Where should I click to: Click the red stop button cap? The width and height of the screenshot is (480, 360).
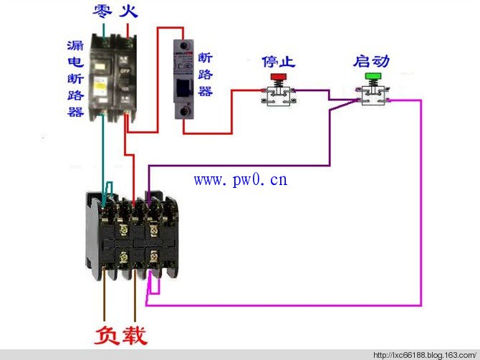click(278, 77)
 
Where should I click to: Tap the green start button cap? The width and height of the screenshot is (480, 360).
click(373, 76)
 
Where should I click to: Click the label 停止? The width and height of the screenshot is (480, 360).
click(278, 62)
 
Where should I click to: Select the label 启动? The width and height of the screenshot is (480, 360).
click(371, 61)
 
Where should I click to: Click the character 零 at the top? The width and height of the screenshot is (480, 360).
click(102, 11)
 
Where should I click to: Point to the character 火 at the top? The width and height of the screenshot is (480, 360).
click(128, 11)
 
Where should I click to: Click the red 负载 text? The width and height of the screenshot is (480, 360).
click(120, 336)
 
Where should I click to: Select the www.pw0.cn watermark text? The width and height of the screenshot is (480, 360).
click(241, 179)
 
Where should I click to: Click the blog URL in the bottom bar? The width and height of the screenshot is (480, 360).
click(425, 356)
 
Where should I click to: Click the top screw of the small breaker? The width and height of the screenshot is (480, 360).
click(183, 47)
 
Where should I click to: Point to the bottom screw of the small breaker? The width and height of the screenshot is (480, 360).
click(184, 111)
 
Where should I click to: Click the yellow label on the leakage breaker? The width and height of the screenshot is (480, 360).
click(100, 86)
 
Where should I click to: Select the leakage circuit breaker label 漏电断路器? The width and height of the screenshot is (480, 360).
click(75, 78)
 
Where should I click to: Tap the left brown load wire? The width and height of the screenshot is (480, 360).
click(104, 294)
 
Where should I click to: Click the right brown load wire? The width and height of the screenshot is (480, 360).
click(135, 295)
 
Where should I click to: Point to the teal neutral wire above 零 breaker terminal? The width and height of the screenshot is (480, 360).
click(103, 31)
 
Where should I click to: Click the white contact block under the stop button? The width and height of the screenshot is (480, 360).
click(278, 96)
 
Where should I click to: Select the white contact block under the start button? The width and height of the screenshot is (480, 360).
click(373, 95)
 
